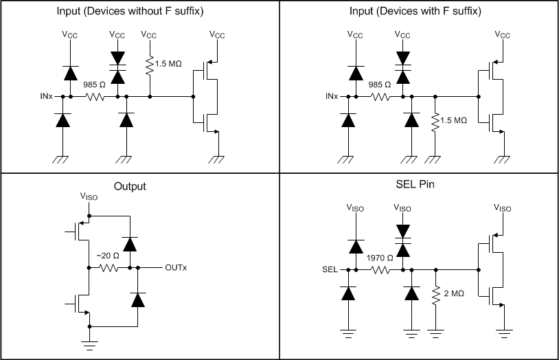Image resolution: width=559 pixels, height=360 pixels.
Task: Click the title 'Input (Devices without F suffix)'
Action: (x=139, y=11)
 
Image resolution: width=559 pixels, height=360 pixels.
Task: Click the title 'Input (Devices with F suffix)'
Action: (x=419, y=11)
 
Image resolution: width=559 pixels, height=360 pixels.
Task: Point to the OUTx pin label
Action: (x=175, y=267)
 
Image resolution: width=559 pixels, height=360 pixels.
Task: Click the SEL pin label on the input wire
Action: (x=330, y=269)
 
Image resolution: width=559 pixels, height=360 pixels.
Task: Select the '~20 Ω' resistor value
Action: (x=107, y=256)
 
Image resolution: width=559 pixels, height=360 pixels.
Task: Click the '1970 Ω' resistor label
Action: (x=380, y=258)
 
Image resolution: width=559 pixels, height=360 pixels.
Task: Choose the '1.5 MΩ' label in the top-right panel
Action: (x=454, y=120)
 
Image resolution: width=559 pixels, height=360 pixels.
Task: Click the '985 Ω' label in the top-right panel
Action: (x=378, y=85)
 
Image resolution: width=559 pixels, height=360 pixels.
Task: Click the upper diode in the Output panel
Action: (x=128, y=243)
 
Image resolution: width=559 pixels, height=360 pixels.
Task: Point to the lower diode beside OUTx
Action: (x=138, y=299)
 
